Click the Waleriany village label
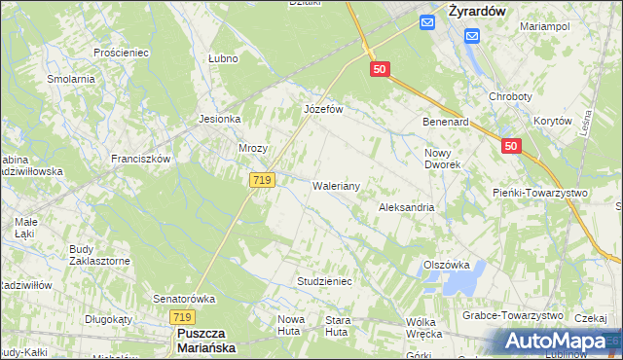click(337, 185)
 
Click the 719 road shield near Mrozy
click(261, 180)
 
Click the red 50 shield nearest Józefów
click(381, 69)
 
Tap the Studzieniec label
click(323, 281)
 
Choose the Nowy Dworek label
click(443, 159)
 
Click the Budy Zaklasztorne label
click(99, 255)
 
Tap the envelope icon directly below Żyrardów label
click(472, 36)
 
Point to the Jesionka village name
click(219, 119)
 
